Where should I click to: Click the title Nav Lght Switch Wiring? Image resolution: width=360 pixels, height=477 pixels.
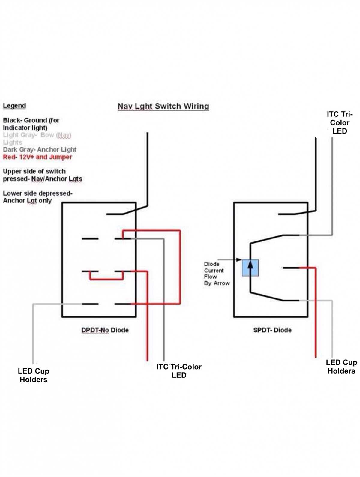(163, 106)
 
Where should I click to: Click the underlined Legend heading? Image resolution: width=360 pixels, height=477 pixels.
(14, 106)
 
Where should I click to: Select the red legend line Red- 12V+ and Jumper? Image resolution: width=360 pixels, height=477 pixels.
(37, 157)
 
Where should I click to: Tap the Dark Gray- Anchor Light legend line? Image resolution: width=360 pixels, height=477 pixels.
(40, 149)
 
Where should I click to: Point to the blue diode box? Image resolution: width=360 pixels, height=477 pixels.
(250, 268)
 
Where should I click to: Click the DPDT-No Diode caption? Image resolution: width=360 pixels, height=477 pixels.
(105, 330)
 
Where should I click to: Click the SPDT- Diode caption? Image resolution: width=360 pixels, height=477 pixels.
(272, 330)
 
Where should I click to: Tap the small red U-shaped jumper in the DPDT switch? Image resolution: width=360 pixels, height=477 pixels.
(106, 279)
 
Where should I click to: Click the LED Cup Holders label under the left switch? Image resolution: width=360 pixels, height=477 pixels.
(33, 375)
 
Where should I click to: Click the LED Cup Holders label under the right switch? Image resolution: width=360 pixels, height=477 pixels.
(341, 367)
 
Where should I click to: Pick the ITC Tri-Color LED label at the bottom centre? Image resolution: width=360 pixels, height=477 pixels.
(179, 371)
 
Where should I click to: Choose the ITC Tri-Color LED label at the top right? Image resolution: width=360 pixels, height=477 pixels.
(340, 123)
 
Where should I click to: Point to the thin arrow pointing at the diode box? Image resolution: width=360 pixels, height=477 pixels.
(229, 259)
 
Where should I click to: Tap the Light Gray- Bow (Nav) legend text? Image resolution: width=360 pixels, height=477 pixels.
(37, 135)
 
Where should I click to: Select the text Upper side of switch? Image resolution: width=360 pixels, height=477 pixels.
(34, 171)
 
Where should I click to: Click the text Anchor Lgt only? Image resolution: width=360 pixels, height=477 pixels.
(27, 201)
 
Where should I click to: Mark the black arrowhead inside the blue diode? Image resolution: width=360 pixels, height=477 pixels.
(250, 265)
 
